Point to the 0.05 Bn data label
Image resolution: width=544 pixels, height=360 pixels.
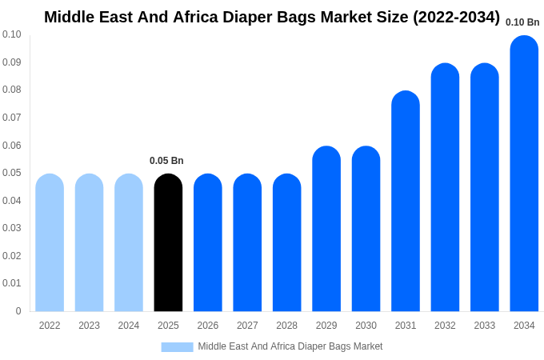tap(166, 161)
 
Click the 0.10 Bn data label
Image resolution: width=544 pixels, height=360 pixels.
tap(522, 22)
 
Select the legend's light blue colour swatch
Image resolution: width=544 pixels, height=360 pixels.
tap(177, 347)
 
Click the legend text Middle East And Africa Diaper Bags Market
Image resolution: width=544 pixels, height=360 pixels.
tap(290, 346)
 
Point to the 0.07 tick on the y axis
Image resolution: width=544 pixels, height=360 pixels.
tap(12, 118)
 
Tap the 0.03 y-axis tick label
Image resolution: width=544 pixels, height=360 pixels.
tap(12, 228)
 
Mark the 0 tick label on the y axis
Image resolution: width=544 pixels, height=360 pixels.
tap(18, 311)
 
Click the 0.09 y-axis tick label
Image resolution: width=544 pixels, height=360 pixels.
tap(12, 62)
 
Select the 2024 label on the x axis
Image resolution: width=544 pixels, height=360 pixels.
tap(129, 326)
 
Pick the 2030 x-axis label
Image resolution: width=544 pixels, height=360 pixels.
tap(366, 326)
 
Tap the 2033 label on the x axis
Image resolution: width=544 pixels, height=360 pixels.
tap(484, 326)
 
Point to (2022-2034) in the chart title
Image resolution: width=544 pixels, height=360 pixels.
tap(456, 17)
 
